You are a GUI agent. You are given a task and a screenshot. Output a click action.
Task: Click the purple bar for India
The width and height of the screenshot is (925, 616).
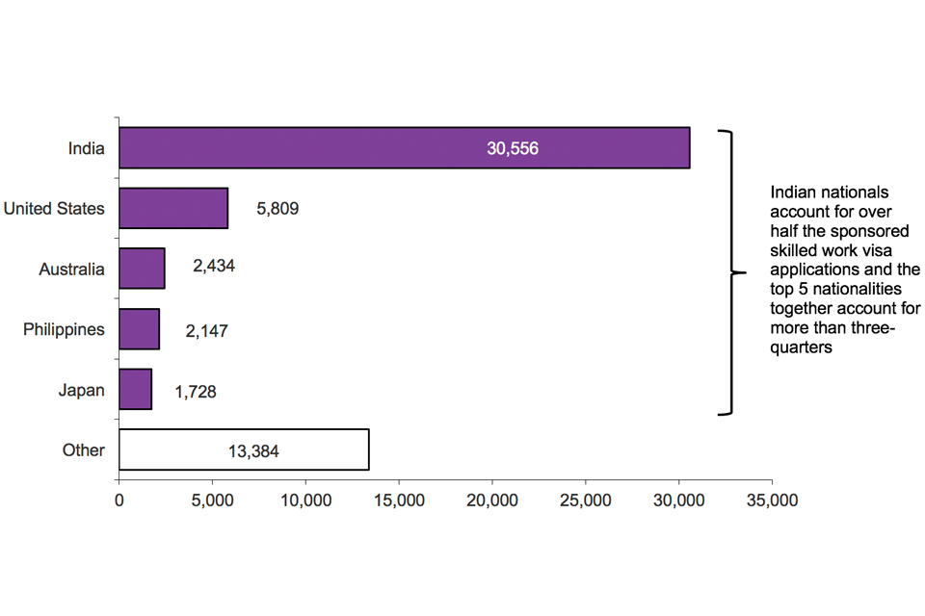(x=404, y=148)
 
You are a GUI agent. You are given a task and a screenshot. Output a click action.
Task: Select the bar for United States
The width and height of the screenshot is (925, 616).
(x=173, y=208)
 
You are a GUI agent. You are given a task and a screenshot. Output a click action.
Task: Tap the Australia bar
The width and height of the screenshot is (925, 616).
(x=142, y=269)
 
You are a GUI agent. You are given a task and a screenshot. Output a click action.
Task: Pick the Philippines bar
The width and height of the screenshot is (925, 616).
(x=139, y=329)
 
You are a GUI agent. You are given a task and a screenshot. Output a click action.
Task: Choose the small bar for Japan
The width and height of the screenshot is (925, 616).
(x=135, y=389)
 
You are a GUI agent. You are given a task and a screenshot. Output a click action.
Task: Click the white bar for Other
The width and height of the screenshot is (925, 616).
(x=244, y=449)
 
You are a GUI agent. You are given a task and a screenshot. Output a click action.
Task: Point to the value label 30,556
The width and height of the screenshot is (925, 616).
(x=513, y=148)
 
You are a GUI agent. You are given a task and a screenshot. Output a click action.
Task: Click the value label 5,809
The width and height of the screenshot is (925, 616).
(x=277, y=208)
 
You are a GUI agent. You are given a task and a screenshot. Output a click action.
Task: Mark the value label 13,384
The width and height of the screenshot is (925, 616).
(x=253, y=449)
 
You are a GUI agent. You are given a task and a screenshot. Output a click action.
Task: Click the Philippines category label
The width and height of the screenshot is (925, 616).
(x=64, y=329)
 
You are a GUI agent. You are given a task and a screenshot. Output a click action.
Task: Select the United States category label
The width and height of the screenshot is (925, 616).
(x=54, y=208)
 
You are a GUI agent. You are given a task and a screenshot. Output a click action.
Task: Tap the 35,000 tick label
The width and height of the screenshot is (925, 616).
(x=772, y=500)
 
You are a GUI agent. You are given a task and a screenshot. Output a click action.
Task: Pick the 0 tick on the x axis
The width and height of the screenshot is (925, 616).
(x=119, y=500)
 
